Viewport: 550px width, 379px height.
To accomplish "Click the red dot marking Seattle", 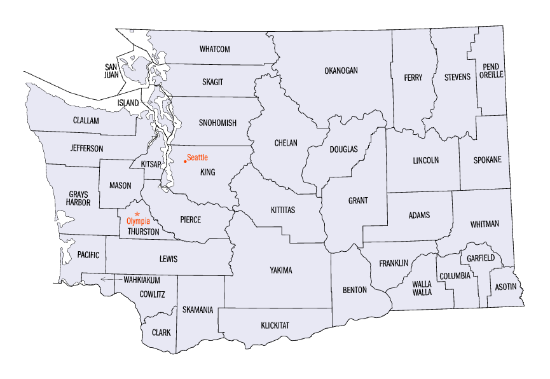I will [184, 161].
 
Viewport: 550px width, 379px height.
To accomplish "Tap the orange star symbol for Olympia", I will [137, 214].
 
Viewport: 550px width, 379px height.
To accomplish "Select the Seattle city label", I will [197, 157].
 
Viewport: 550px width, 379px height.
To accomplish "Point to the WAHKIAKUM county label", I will [141, 280].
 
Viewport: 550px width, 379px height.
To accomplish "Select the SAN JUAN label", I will [111, 70].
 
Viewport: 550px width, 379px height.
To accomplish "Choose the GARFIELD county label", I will [481, 259].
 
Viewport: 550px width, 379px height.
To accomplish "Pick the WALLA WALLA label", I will [422, 288].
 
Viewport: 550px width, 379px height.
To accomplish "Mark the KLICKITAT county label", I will [275, 326].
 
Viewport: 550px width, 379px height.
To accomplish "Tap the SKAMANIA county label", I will [197, 310].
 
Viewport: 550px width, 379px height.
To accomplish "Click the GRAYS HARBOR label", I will [80, 198].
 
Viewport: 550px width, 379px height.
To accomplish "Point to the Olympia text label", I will [139, 221].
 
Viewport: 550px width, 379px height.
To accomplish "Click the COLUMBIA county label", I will [455, 276].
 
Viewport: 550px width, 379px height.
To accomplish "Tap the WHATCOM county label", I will [214, 49].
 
